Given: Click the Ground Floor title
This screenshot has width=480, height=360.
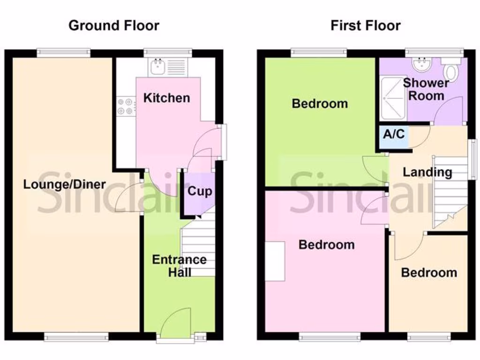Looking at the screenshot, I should (114, 25).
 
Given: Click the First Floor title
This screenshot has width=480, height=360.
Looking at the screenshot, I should (366, 25).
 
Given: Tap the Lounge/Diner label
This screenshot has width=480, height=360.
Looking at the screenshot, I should (65, 184).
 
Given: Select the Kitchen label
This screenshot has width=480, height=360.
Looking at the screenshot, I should (166, 98).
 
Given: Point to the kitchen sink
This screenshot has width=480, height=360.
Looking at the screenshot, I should (156, 67).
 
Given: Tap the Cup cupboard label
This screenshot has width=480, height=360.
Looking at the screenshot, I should (199, 191).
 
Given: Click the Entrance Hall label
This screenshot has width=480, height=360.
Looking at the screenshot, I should (179, 265).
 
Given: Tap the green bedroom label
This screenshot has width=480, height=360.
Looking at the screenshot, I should (320, 104).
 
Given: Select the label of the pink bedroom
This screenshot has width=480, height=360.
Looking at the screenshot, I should (326, 245).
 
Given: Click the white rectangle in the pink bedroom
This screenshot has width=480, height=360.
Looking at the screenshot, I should (275, 261).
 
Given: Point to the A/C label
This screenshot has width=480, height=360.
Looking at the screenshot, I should (394, 135).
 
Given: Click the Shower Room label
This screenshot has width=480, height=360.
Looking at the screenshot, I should (426, 89).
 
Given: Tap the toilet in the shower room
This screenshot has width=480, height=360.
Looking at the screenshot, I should (451, 70).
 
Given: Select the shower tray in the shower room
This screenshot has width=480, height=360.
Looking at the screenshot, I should (393, 97).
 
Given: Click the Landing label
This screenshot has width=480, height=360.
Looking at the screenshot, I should (427, 172).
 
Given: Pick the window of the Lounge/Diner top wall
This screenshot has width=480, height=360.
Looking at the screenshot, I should (63, 53).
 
